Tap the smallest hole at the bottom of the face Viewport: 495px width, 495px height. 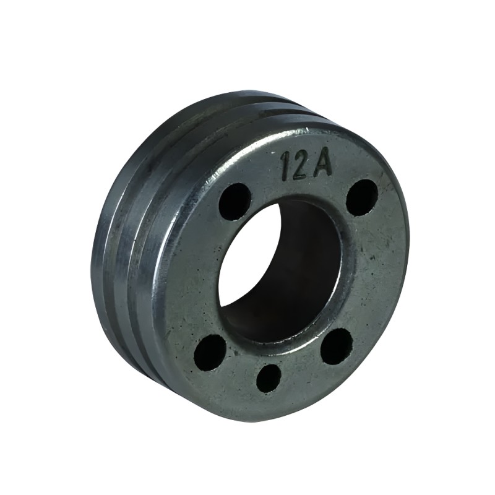point(269,377)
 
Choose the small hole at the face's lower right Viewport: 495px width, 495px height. point(337,345)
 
